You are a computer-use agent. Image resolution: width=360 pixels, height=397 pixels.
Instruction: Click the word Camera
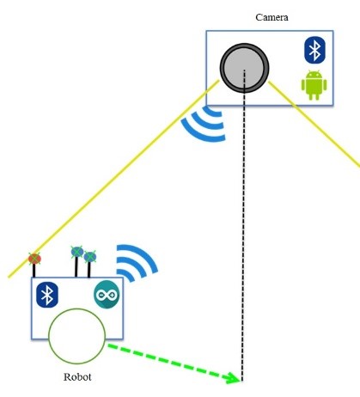272,17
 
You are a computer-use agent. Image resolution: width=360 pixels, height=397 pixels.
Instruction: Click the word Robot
77,376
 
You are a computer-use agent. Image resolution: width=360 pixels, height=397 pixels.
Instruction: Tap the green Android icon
314,85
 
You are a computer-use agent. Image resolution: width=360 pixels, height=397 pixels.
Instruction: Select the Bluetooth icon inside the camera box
314,50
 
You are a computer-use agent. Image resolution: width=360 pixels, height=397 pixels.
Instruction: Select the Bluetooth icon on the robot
47,295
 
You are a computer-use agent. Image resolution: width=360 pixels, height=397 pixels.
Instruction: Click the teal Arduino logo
107,295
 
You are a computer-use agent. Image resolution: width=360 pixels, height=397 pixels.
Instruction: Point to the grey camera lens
244,68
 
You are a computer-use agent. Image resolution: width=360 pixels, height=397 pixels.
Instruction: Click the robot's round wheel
76,336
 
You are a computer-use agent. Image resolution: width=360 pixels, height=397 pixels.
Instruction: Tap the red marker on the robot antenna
34,259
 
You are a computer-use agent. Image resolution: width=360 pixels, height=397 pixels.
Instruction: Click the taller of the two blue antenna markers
77,252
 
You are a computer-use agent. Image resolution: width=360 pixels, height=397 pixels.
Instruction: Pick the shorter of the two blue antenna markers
90,257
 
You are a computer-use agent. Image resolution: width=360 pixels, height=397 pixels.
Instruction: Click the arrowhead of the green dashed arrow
234,378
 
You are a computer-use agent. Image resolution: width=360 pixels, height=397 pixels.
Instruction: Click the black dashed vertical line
243,225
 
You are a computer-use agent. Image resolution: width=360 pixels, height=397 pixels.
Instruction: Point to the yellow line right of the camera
314,125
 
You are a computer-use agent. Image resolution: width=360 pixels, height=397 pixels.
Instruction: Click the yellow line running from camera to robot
114,179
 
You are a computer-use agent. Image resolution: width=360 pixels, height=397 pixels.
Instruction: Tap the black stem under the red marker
34,271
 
